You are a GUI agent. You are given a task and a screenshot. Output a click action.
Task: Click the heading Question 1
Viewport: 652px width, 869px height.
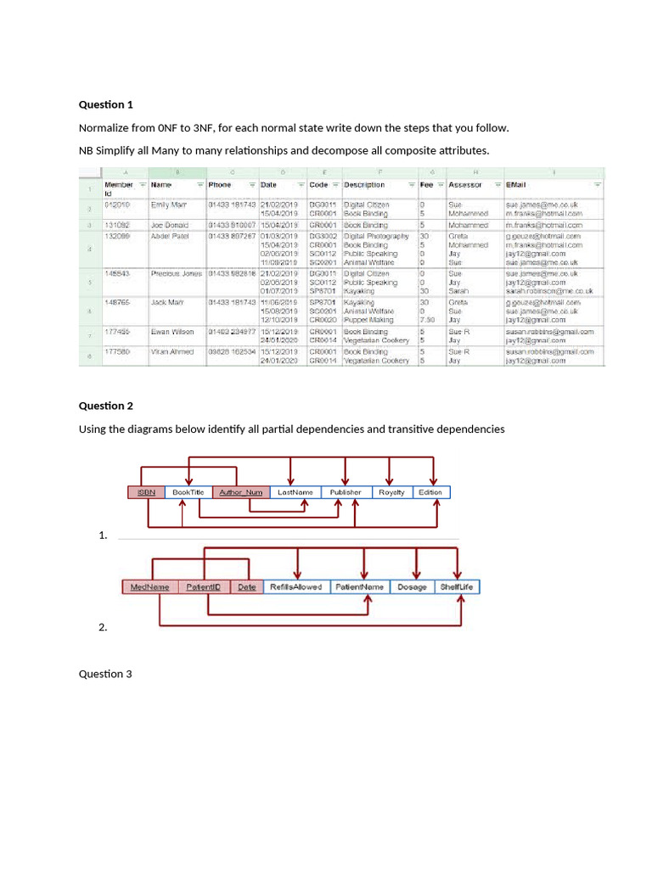click(x=106, y=105)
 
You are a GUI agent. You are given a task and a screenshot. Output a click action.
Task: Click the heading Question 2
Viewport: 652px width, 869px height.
click(x=106, y=406)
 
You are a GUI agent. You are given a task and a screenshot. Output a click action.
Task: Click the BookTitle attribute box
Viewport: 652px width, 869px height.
click(x=188, y=492)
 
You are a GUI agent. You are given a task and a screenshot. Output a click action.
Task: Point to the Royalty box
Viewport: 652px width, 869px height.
click(x=391, y=492)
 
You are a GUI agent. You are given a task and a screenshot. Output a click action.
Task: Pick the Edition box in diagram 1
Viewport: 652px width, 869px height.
click(x=430, y=492)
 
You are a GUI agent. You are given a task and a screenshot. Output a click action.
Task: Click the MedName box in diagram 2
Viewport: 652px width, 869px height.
click(x=149, y=587)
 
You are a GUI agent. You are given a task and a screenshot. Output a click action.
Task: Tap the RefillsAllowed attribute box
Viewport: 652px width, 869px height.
click(x=295, y=587)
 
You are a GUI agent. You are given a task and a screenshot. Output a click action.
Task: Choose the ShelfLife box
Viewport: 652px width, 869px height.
click(x=458, y=587)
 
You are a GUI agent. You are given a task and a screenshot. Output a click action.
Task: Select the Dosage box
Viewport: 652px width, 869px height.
click(x=412, y=587)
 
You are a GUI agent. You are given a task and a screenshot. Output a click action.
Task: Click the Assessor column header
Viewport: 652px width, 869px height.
click(x=465, y=185)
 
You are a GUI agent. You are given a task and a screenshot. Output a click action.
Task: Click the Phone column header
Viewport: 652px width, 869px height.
click(x=221, y=185)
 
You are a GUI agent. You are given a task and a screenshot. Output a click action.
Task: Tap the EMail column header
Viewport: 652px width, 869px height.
click(x=516, y=185)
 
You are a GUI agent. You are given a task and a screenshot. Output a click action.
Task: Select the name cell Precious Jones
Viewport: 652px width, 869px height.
click(x=177, y=274)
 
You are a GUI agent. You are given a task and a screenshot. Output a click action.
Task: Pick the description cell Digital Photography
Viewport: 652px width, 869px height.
click(x=377, y=236)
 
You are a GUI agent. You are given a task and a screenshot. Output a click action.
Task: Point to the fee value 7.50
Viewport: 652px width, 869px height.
click(x=427, y=320)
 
